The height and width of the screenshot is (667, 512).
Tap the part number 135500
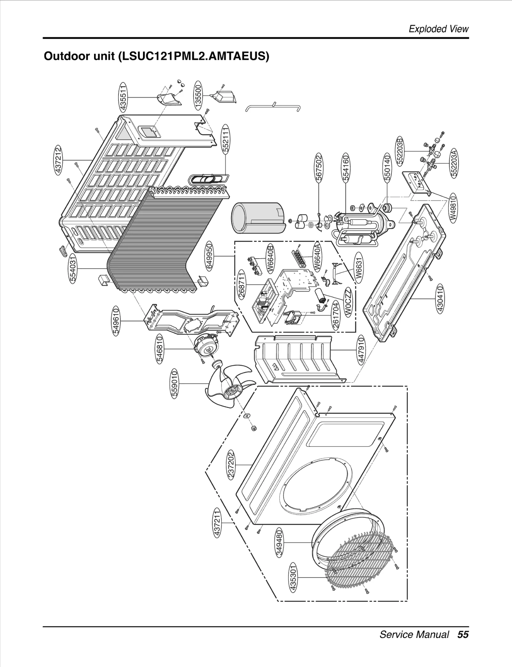coord(199,96)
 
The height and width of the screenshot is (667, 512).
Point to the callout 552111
coord(226,140)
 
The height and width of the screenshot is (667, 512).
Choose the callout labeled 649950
coord(209,256)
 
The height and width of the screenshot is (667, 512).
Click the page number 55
coord(463,634)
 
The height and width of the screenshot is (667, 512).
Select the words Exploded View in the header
coord(438,29)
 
